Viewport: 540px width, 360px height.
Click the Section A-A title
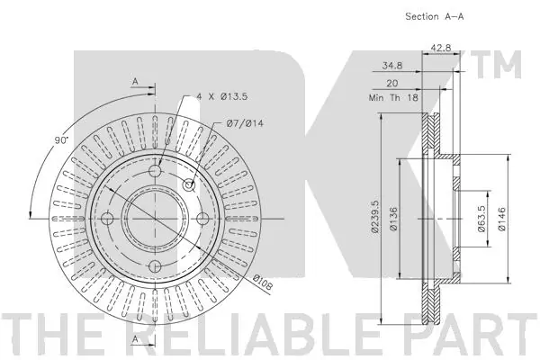click(435, 16)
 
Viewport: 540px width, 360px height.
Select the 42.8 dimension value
click(441, 48)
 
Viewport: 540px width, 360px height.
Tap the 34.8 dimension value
click(392, 65)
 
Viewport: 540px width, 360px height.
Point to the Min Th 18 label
click(393, 97)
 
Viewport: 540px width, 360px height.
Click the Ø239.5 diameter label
click(374, 217)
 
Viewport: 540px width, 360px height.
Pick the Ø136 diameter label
click(393, 219)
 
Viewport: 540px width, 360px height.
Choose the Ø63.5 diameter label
click(481, 219)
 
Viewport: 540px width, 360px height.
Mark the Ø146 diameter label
click(501, 219)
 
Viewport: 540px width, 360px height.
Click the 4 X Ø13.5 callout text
click(222, 96)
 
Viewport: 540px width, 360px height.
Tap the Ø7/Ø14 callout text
click(245, 123)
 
